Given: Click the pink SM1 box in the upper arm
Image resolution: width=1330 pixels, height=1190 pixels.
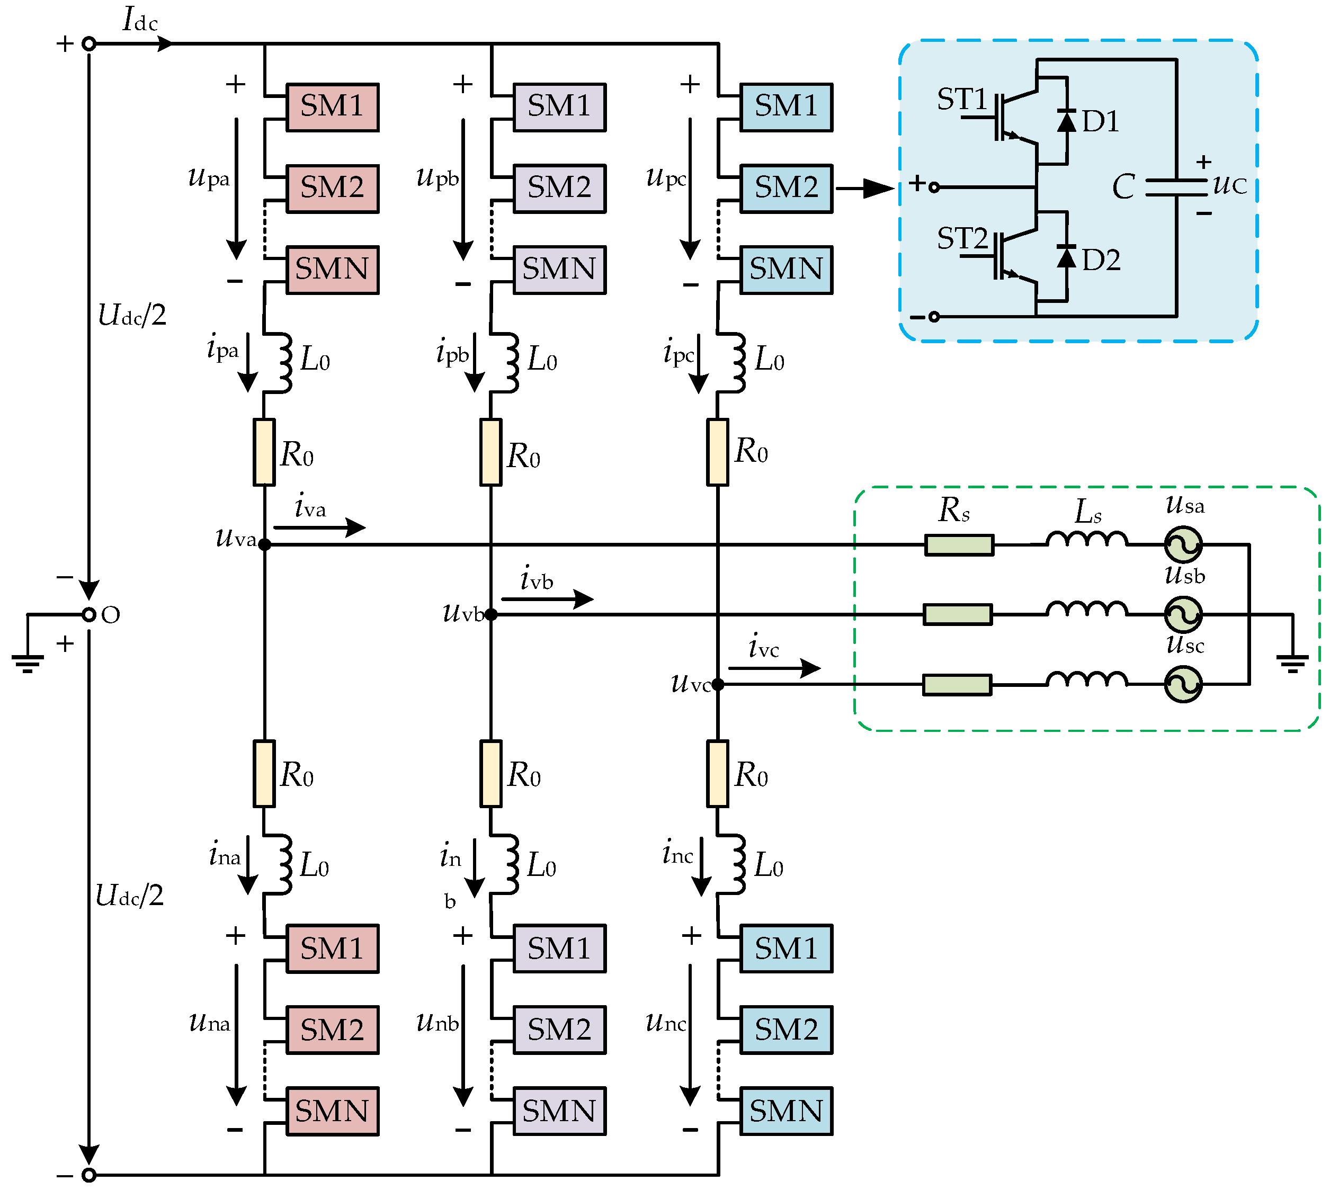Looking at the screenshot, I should tap(332, 107).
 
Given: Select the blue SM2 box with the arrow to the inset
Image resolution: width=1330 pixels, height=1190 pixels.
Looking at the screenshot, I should tap(786, 189).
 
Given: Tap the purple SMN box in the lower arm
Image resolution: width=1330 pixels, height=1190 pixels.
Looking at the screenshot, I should tap(559, 1111).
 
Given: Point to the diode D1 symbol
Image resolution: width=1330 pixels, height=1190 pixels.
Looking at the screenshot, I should tap(1066, 121).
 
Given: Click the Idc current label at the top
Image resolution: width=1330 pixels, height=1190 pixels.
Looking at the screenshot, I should tap(140, 20).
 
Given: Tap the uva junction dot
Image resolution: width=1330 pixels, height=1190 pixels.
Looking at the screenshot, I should tap(264, 544).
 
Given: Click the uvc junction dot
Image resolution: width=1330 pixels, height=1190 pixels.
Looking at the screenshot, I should tap(717, 685).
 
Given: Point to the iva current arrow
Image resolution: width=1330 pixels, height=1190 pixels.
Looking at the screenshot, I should tap(319, 527).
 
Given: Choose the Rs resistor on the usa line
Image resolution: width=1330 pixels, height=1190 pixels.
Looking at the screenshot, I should tap(959, 544).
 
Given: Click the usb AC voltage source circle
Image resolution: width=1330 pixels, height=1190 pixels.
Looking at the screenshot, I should tap(1183, 615).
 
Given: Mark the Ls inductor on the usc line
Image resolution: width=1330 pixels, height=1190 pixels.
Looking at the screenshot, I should tap(1086, 681).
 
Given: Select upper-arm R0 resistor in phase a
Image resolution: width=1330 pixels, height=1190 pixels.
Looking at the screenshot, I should tap(264, 452).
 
